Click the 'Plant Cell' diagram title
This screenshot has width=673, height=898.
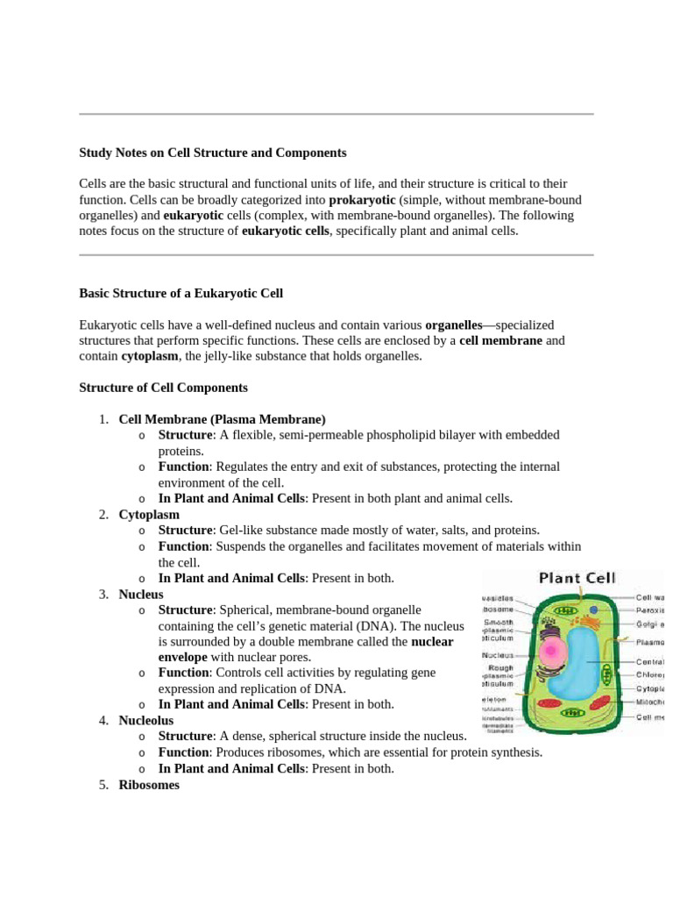click(577, 578)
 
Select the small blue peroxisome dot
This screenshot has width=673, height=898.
click(595, 609)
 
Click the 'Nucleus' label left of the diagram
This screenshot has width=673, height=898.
click(497, 654)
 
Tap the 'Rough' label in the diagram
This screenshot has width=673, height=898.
click(500, 668)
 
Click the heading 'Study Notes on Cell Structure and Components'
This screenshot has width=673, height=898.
click(213, 153)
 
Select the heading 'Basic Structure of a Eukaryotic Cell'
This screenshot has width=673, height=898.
click(181, 293)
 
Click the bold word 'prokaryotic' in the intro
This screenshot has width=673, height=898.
click(362, 200)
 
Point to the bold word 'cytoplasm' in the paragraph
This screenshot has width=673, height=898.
click(145, 356)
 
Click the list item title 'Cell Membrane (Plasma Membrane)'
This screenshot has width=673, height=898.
click(222, 419)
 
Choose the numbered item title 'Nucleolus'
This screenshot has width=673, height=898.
click(146, 720)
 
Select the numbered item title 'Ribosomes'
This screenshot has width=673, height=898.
click(149, 785)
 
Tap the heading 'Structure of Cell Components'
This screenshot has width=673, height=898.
click(163, 388)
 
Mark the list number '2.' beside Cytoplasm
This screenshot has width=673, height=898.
click(103, 515)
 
